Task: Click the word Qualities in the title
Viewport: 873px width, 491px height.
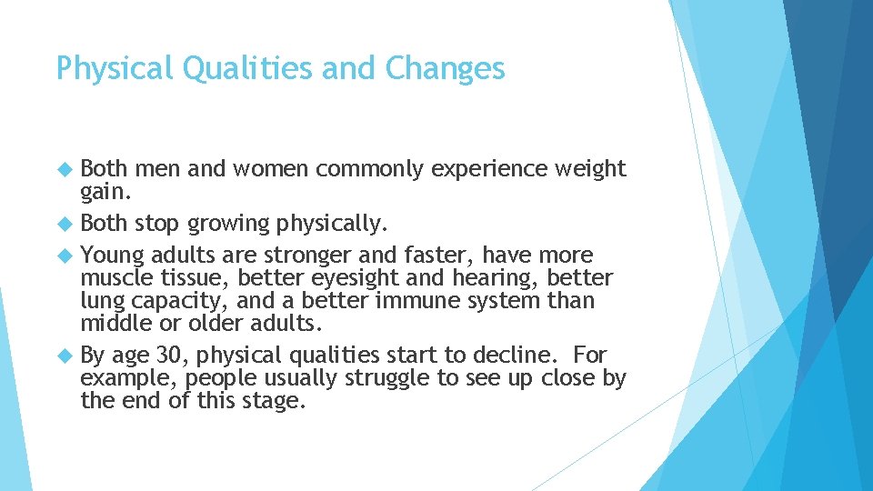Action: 239,68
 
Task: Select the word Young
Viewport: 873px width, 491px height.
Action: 112,256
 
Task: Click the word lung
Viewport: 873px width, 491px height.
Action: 101,301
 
